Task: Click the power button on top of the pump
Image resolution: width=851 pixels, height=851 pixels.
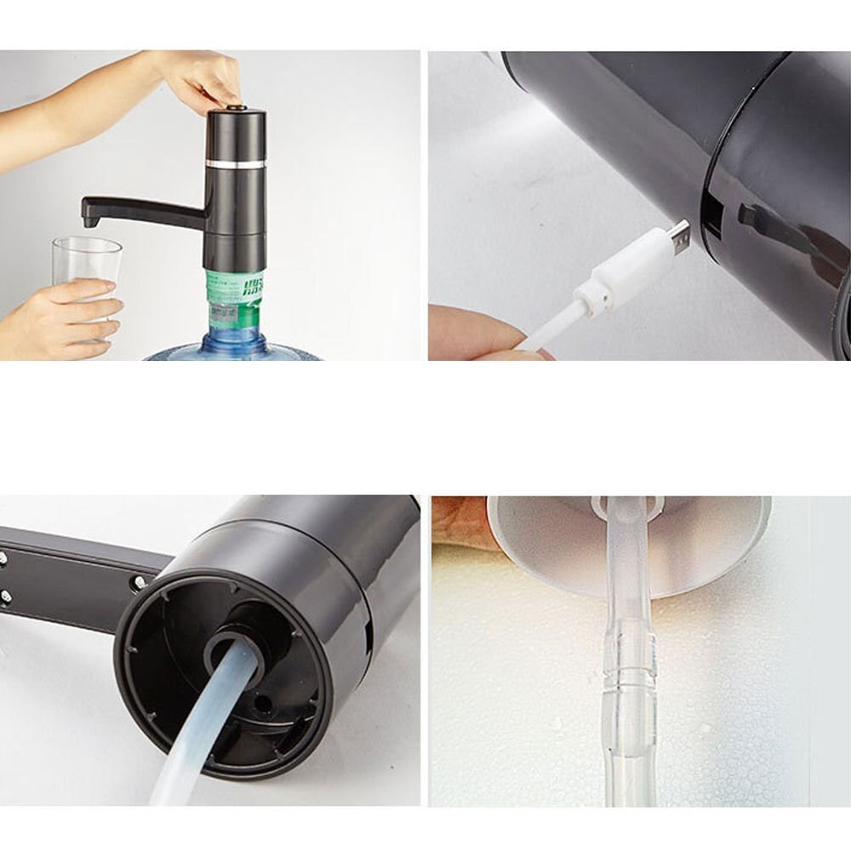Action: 236,108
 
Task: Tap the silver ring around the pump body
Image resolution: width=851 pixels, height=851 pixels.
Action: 236,163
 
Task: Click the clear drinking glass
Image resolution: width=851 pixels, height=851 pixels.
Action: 86,264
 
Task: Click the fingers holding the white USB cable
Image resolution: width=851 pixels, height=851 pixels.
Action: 485,336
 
